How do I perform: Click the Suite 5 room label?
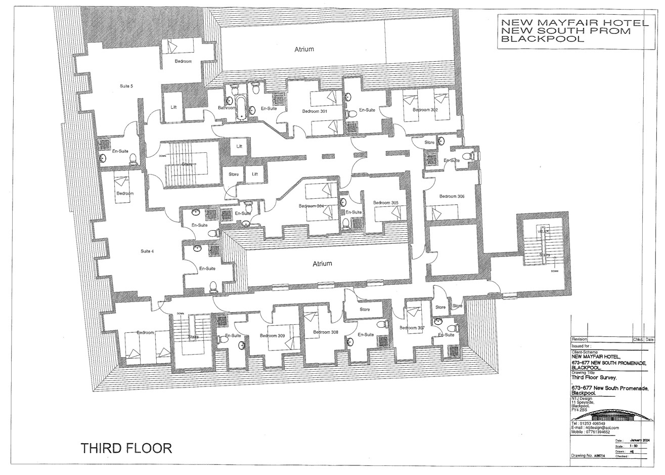126,86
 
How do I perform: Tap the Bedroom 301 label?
315,111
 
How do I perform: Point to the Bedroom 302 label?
425,110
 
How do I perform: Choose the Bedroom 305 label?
385,203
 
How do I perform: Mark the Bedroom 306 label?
452,196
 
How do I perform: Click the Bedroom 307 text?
411,328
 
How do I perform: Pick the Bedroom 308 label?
325,332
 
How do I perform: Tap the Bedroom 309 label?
272,335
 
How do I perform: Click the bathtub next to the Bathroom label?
241,108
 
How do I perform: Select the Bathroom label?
227,108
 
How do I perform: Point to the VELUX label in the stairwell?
543,231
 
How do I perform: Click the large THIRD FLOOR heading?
126,448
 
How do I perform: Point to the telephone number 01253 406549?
594,423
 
